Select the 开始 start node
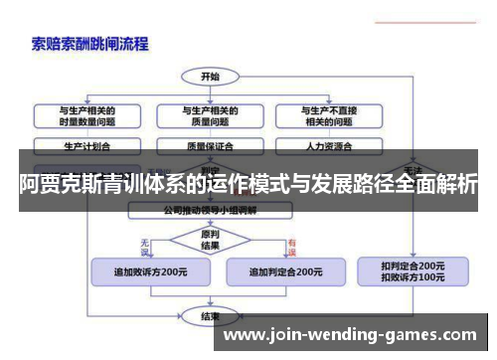pos(211,76)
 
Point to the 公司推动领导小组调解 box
pos(210,210)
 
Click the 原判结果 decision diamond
pos(210,240)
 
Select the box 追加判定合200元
pos(284,270)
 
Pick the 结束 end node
pos(211,316)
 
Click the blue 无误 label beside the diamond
pos(145,242)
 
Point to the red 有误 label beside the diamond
pos(291,242)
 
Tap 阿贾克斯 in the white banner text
pos(60,182)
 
